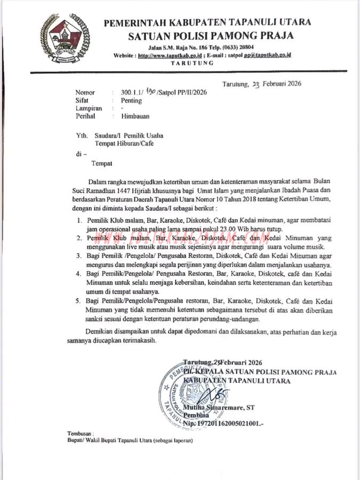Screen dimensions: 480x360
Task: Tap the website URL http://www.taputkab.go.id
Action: [x=170, y=55]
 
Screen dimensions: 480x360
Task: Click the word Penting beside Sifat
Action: [x=131, y=100]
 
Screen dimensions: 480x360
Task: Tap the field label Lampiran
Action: [x=89, y=108]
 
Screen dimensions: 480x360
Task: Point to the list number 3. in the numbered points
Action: [x=78, y=256]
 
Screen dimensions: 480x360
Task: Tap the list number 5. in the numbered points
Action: [x=78, y=301]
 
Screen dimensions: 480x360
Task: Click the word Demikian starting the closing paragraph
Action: [x=104, y=332]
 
